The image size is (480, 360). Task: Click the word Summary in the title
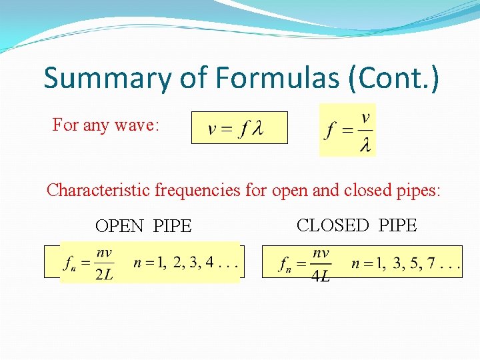click(x=107, y=78)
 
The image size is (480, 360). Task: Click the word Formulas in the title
click(x=277, y=78)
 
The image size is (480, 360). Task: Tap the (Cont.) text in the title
click(x=394, y=78)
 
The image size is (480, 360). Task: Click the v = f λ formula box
click(x=239, y=128)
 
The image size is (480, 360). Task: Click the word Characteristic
click(x=98, y=190)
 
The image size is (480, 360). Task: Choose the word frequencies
click(x=197, y=190)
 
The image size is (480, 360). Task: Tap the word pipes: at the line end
click(x=417, y=190)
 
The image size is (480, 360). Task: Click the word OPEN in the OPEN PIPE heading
click(x=119, y=227)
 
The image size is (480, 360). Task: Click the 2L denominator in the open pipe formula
click(x=103, y=275)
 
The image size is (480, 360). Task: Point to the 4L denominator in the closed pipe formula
click(x=320, y=275)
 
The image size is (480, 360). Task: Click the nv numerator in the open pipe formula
click(x=103, y=253)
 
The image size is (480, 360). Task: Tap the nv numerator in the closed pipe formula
click(x=321, y=253)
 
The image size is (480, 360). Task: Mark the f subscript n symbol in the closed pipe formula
click(x=285, y=265)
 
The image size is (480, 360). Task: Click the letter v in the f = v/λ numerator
click(x=365, y=118)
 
